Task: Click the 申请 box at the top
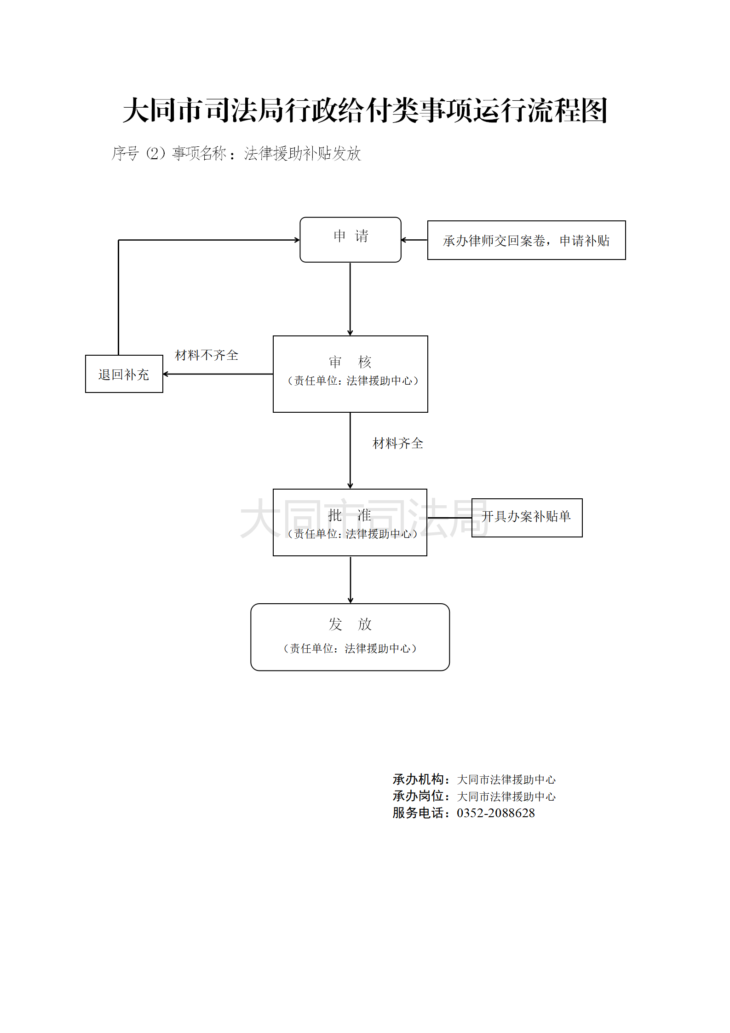click(x=350, y=239)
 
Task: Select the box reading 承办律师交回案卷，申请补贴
click(x=526, y=240)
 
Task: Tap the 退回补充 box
click(x=124, y=374)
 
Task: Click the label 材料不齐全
click(x=207, y=355)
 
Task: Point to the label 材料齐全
click(x=397, y=444)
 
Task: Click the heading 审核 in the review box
click(x=350, y=362)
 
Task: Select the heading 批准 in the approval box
click(x=350, y=515)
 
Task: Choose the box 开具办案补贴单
click(x=527, y=517)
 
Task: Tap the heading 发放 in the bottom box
click(x=350, y=624)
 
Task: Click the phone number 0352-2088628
click(x=495, y=813)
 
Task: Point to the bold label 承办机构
click(x=418, y=779)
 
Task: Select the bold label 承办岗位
click(x=418, y=796)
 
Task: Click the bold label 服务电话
click(x=418, y=813)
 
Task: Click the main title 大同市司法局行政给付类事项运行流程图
click(x=365, y=110)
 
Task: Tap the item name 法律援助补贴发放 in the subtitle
click(x=302, y=153)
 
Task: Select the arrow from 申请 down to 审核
click(x=350, y=299)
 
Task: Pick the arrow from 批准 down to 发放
click(x=350, y=580)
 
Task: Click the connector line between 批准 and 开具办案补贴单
click(x=449, y=518)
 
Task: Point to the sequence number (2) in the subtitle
click(x=155, y=153)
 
